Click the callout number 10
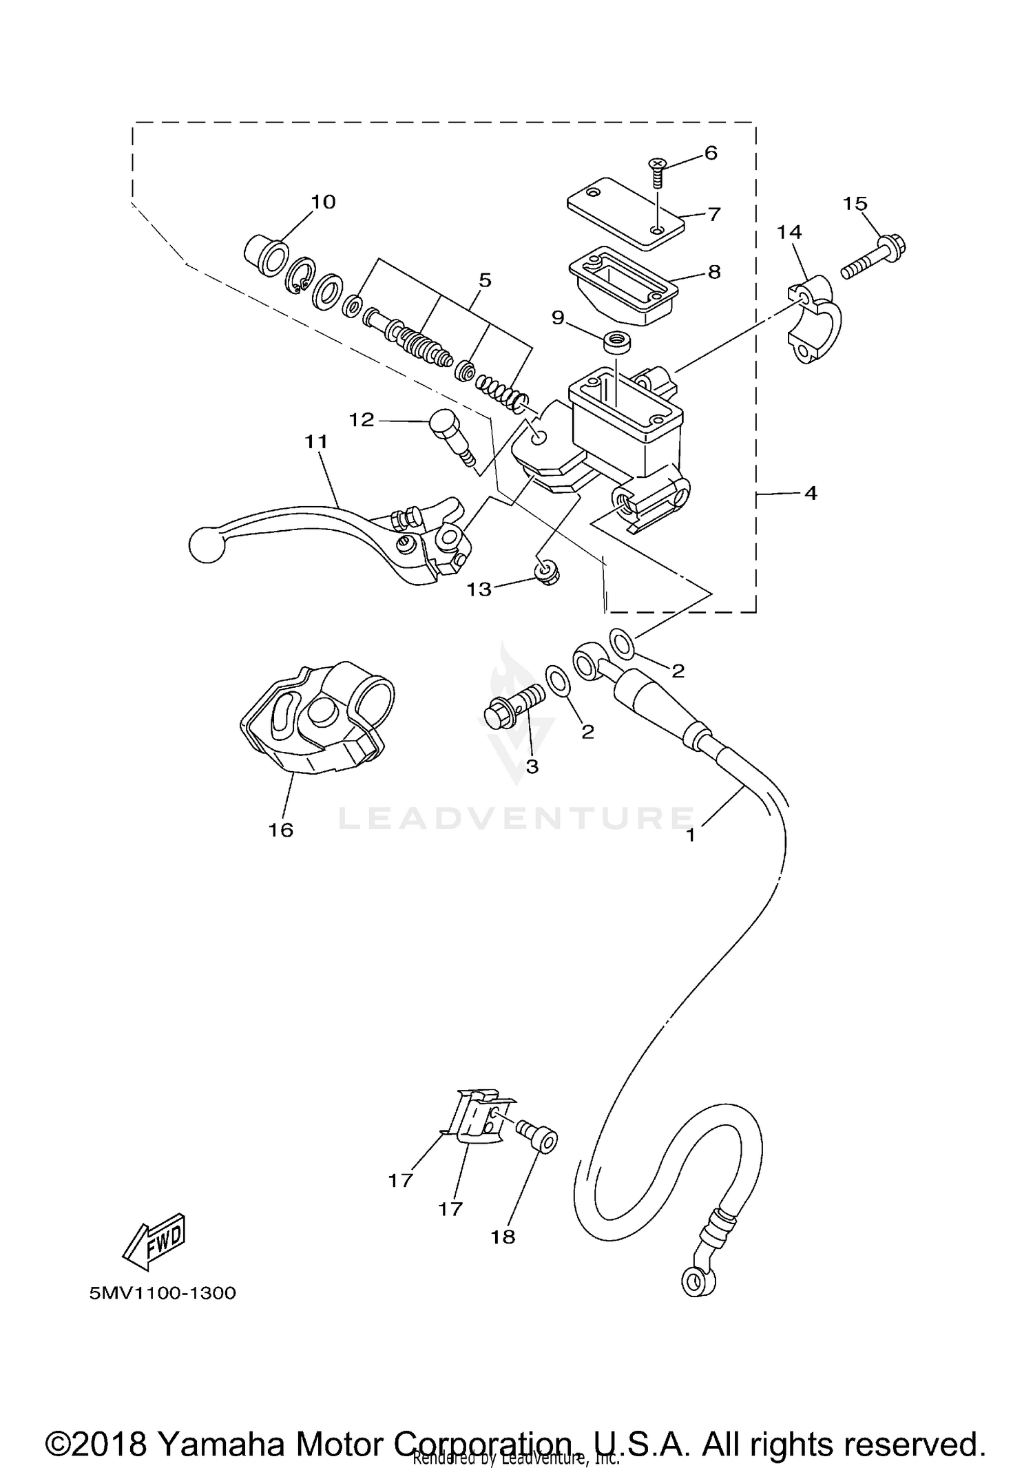pos(323,202)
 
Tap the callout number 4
pos(811,493)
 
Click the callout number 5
pos(485,280)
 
